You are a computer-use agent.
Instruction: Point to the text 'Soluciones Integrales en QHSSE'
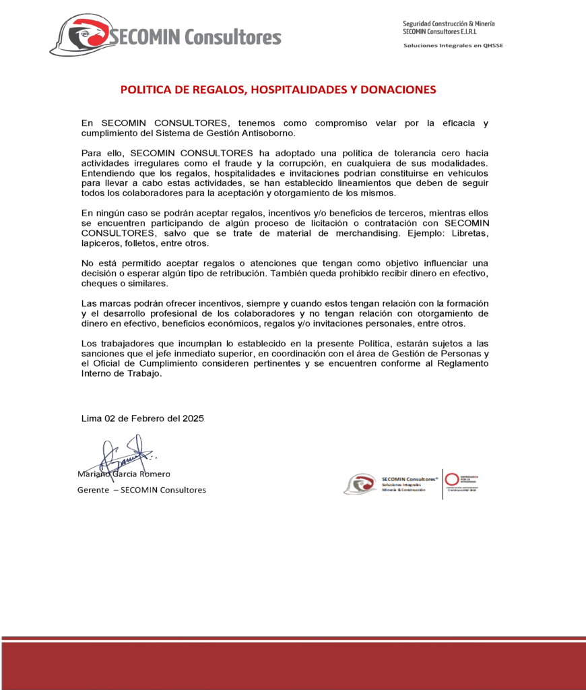tap(453, 46)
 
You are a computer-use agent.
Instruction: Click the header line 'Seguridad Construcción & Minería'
tap(449, 24)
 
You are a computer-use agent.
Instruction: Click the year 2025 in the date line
tap(192, 418)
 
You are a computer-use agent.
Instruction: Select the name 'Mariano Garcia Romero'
tap(124, 474)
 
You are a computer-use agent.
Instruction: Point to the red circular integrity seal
tap(452, 480)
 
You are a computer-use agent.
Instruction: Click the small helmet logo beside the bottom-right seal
tap(360, 484)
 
